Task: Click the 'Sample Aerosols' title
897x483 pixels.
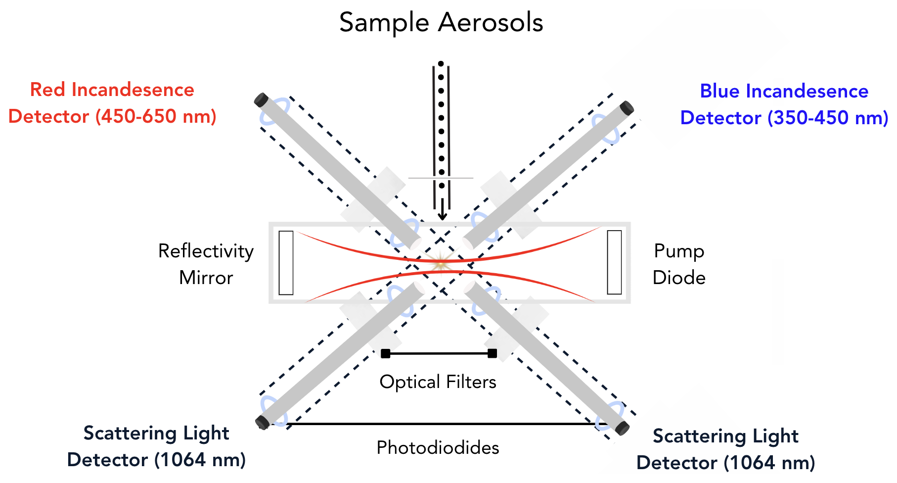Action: [441, 23]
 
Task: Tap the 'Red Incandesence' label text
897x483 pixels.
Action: [112, 90]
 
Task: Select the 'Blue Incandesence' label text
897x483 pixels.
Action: [784, 92]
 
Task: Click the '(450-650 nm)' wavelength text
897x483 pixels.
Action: [156, 117]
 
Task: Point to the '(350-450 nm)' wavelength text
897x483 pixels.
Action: [828, 118]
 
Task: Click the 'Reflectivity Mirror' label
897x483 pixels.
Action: [206, 264]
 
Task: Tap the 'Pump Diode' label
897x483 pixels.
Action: [679, 264]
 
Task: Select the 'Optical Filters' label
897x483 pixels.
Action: [438, 382]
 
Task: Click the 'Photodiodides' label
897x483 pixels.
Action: [438, 448]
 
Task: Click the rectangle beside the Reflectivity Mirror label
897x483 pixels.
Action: [286, 263]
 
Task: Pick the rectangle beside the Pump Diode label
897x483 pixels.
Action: [614, 262]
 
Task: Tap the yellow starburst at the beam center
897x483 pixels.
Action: [440, 263]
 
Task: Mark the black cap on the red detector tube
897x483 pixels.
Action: [261, 99]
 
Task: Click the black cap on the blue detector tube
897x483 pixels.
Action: [627, 107]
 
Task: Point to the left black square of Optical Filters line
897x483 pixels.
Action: [386, 353]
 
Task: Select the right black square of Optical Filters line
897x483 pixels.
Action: [492, 353]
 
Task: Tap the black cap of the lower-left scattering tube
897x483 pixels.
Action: [262, 422]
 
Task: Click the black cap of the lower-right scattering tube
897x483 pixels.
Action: [623, 429]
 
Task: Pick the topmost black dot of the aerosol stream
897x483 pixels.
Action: [441, 64]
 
